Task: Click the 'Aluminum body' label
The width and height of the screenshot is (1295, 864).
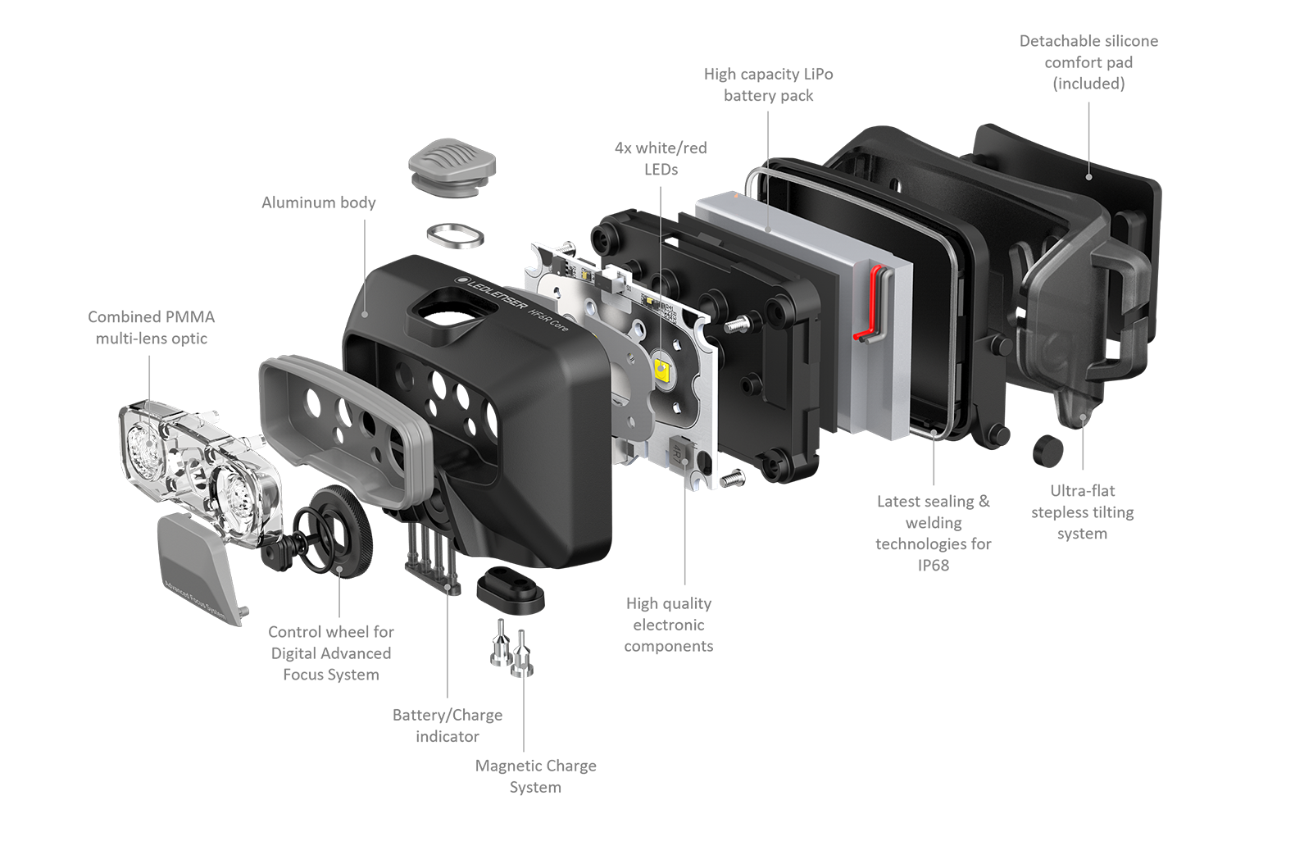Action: coord(319,202)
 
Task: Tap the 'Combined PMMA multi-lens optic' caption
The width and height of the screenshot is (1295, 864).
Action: coord(152,327)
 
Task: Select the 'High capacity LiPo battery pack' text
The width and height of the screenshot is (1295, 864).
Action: coord(768,84)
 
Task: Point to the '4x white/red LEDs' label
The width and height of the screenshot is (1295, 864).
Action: coord(661,158)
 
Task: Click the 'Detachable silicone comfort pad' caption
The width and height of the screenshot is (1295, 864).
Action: coord(1088,61)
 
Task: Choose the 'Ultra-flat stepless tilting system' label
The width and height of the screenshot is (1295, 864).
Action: coord(1082,512)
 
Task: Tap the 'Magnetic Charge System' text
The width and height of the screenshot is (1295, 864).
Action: coord(535,776)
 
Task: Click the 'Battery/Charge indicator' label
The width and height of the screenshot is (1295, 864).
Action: coord(448,725)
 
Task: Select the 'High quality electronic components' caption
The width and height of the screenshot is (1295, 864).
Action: coord(669,625)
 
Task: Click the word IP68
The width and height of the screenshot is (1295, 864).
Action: coord(933,565)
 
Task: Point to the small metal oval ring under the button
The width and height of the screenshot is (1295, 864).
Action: coord(456,236)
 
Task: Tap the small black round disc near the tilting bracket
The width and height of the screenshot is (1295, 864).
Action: coord(1047,451)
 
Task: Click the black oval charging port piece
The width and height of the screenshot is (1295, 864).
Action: coord(511,590)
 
